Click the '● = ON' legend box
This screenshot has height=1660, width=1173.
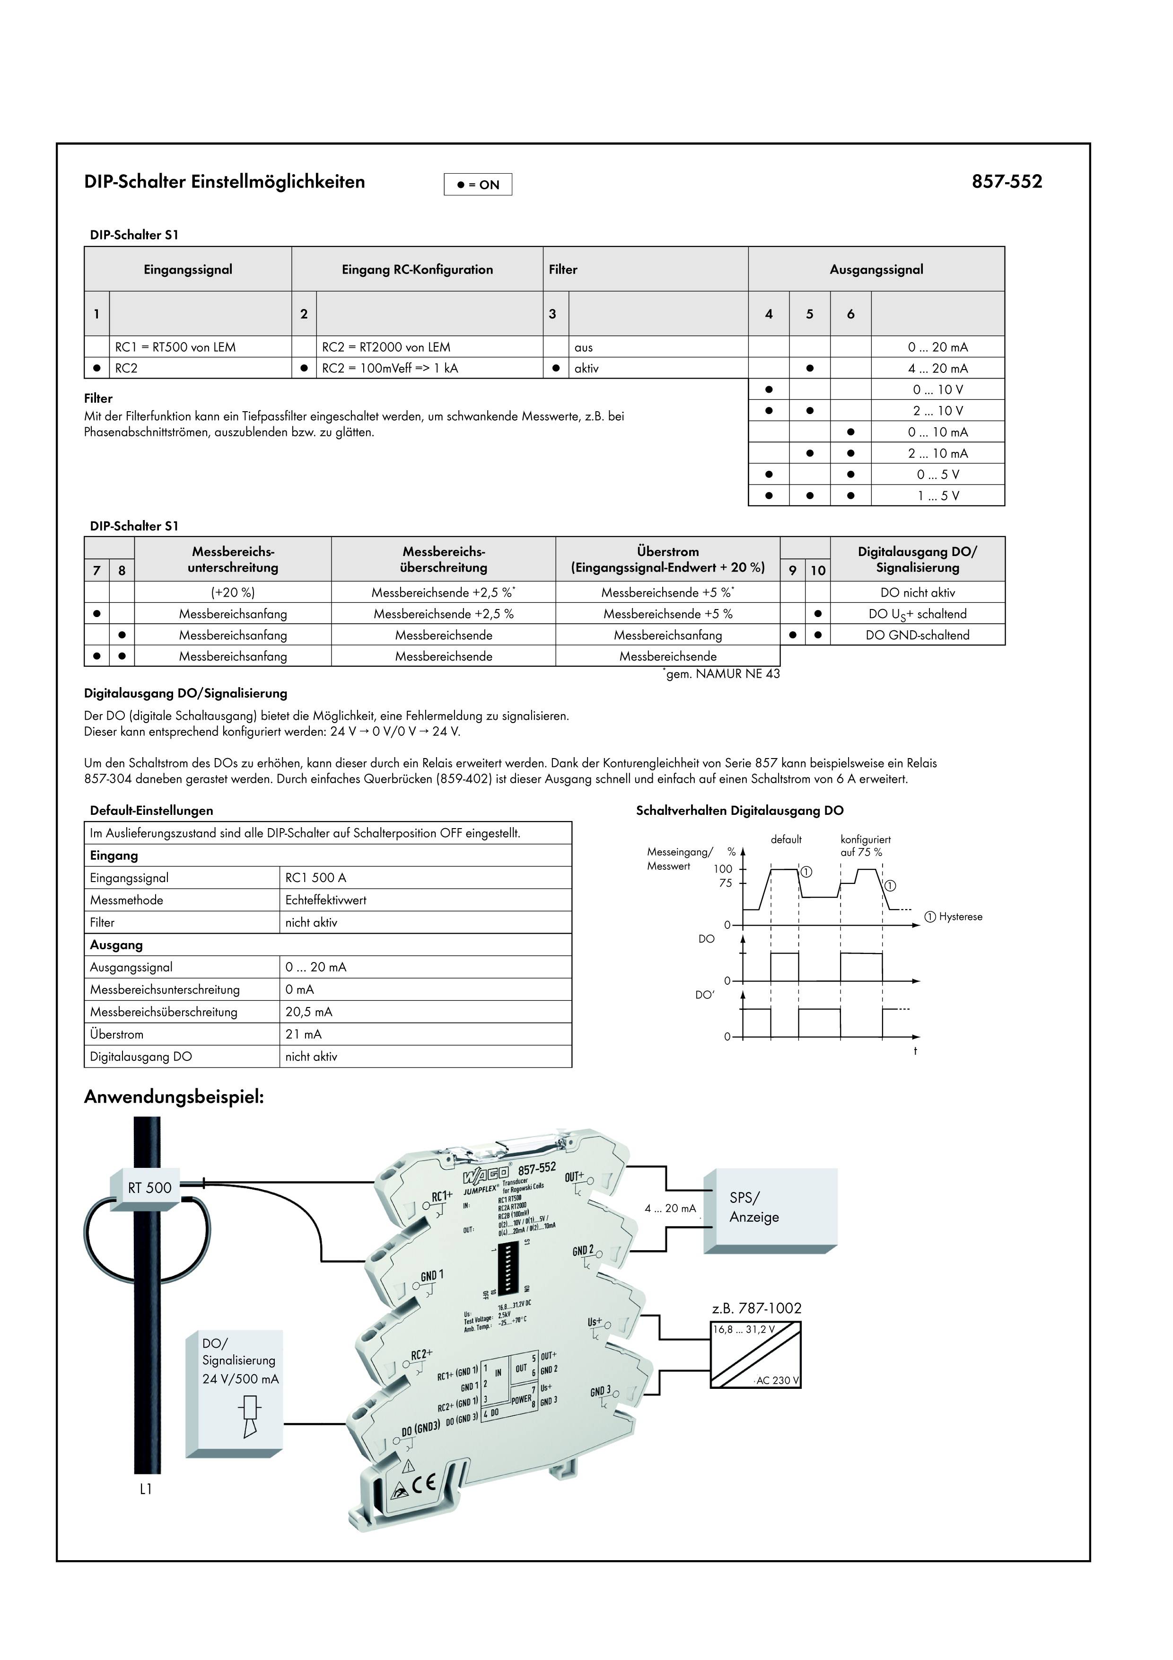point(478,185)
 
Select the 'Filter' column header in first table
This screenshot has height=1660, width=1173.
point(563,270)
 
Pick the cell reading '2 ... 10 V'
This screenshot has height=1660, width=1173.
point(937,411)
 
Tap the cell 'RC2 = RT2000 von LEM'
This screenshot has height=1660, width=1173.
point(386,347)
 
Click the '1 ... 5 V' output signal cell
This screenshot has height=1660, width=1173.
point(937,496)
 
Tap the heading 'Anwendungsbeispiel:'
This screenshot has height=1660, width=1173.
point(174,1097)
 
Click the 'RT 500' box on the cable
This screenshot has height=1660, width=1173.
point(149,1187)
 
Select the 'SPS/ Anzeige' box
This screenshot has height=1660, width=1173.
point(754,1208)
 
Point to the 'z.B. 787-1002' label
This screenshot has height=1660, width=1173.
point(756,1308)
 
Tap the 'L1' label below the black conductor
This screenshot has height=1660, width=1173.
point(146,1489)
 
